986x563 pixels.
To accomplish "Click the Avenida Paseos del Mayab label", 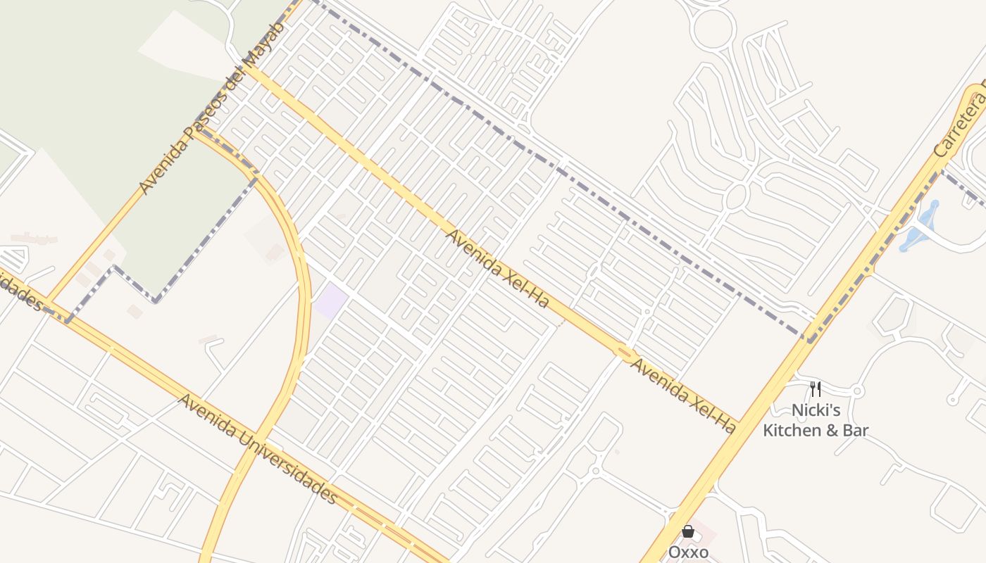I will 211,108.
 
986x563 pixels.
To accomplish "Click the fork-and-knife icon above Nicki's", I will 816,389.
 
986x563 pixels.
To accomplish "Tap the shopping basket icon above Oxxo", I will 687,532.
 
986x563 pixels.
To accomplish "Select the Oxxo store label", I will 688,552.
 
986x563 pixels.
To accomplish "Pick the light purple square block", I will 330,301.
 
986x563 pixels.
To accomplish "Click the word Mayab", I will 264,44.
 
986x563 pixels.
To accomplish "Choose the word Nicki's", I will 816,410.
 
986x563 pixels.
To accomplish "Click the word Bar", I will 856,430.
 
